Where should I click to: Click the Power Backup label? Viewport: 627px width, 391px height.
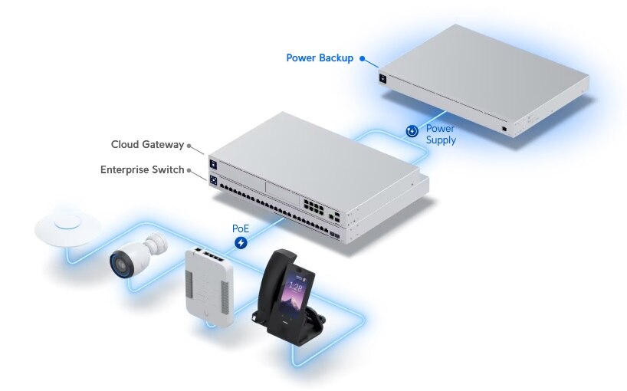tap(320, 58)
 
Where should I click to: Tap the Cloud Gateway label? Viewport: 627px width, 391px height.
tap(147, 144)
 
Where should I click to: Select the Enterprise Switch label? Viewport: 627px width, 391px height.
tap(142, 169)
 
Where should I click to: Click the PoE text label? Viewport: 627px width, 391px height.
tap(241, 228)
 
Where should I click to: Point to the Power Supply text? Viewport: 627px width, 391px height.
tap(441, 134)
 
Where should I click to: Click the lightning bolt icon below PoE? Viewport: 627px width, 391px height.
tap(241, 244)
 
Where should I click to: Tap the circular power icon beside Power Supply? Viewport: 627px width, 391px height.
tap(412, 131)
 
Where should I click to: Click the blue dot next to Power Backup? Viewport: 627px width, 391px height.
tap(362, 58)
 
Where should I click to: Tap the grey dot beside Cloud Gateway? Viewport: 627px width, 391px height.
tap(189, 145)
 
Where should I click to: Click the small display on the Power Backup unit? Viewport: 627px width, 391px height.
tap(382, 77)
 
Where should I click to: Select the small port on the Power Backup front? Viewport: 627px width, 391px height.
tap(503, 128)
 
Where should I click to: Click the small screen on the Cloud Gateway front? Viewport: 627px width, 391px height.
tap(214, 163)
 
